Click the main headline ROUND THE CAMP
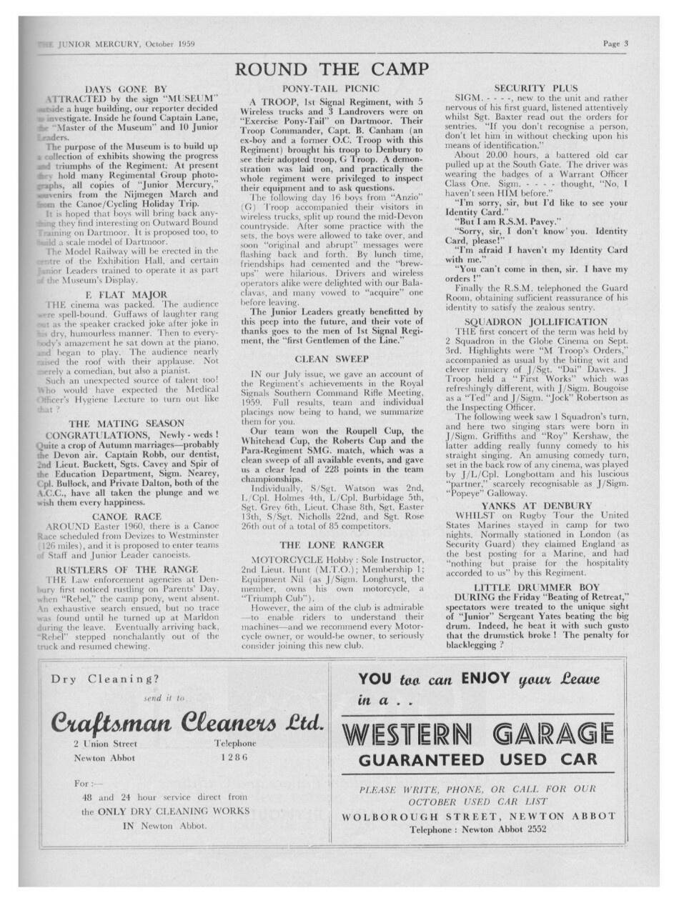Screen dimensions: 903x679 click(332, 69)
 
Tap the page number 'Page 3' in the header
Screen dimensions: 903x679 click(615, 43)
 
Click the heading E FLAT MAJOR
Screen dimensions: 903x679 click(126, 294)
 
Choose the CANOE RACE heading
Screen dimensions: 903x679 click(126, 516)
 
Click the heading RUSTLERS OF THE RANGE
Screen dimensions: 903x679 click(126, 569)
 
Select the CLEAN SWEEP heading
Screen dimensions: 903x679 click(332, 359)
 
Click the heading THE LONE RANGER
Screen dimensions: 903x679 click(332, 545)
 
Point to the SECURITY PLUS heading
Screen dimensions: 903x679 click(535, 88)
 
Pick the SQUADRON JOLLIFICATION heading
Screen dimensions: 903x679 click(535, 322)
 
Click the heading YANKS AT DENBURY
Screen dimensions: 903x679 click(536, 506)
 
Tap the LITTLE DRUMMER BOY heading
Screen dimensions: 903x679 click(536, 587)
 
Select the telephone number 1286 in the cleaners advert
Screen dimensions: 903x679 click(234, 757)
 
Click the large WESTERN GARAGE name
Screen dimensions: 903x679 click(477, 734)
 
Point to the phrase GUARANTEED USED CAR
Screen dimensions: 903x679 click(477, 759)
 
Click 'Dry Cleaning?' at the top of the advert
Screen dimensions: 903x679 click(105, 679)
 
